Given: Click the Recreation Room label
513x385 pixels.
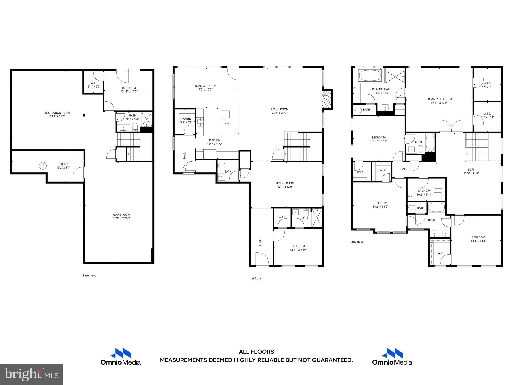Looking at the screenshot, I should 57,113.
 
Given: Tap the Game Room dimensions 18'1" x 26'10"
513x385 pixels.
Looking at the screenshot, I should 121,218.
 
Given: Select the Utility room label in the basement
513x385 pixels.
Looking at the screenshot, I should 63,164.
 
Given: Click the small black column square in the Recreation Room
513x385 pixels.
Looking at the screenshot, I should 84,115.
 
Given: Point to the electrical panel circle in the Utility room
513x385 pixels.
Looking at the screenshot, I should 43,166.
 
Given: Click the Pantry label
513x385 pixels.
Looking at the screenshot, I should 186,119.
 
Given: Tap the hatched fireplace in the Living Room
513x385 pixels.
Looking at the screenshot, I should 325,100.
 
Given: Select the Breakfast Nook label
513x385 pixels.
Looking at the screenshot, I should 205,86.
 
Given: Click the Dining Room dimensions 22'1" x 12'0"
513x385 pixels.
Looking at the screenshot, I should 285,187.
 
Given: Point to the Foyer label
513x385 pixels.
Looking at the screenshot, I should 260,241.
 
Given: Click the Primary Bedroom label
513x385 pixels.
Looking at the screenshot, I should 439,99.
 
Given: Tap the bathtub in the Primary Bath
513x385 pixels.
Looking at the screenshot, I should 370,76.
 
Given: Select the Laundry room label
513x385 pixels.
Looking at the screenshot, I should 424,191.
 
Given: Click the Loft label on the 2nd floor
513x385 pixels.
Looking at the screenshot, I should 471,170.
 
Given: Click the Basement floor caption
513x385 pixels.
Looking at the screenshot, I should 89,275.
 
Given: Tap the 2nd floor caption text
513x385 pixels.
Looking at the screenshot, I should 357,242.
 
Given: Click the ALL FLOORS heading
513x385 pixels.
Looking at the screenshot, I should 256,352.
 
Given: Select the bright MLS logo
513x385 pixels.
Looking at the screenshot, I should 31,374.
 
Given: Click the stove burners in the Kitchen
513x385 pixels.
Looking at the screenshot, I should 200,122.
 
